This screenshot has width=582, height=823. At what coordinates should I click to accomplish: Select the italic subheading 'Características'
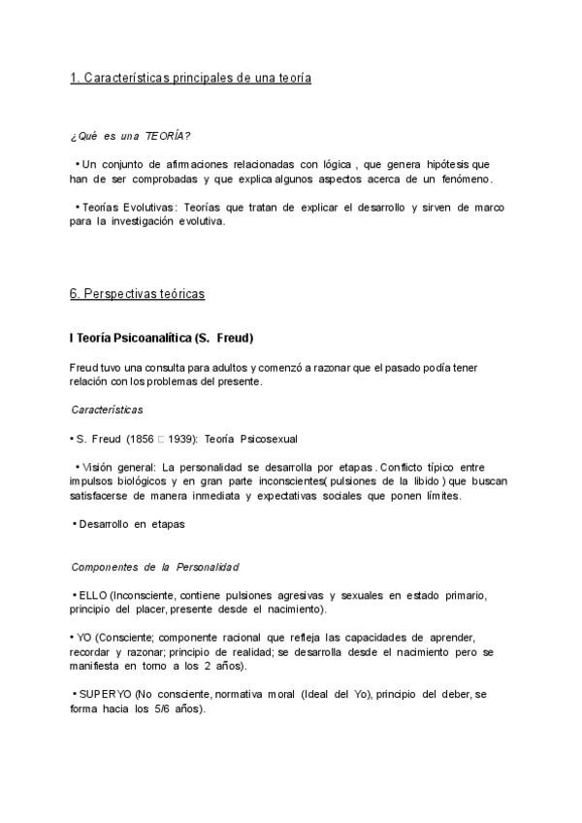tap(107, 410)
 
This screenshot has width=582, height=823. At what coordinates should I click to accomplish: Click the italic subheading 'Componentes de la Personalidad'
tap(155, 567)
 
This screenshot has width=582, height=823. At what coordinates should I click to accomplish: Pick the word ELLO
tap(91, 595)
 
